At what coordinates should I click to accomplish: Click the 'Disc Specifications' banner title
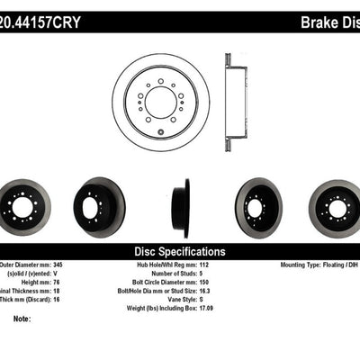(179, 252)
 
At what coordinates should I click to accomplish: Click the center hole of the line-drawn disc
(160, 102)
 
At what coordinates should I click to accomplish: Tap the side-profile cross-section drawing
(235, 102)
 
